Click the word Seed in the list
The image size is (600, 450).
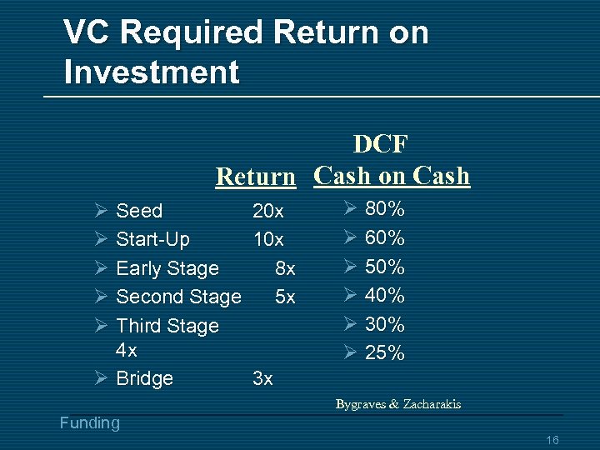tap(139, 211)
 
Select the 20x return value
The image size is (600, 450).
tap(268, 211)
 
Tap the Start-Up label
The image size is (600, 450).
tap(152, 240)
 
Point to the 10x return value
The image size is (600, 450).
tap(268, 240)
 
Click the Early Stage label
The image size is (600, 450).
tap(167, 268)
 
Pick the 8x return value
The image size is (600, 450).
tap(285, 268)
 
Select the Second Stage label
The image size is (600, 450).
tap(178, 297)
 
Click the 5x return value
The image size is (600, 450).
tap(285, 297)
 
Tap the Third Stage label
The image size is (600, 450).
tap(167, 326)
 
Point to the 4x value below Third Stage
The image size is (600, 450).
tap(127, 349)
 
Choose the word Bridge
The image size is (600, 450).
tap(145, 378)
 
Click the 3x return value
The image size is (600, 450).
tap(262, 378)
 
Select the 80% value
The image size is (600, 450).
tap(385, 209)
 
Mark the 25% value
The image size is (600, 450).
tap(385, 353)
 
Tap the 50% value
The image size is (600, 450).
tap(385, 267)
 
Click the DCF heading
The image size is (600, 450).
tap(380, 145)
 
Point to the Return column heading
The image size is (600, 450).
tap(255, 177)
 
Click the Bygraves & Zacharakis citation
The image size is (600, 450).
tap(398, 405)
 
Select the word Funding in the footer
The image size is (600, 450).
tap(90, 423)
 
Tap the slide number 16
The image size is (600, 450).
tap(552, 440)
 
